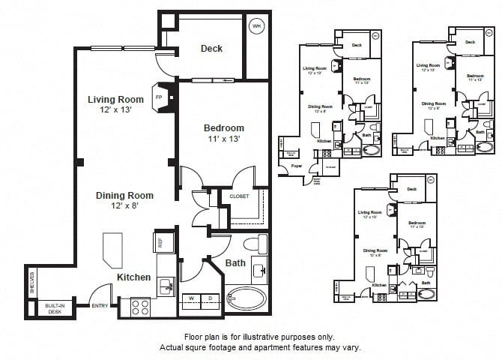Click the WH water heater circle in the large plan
(x=257, y=25)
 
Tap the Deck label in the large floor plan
(x=211, y=49)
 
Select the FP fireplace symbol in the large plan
(x=159, y=97)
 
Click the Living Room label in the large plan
(x=115, y=99)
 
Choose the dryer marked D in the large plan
(x=211, y=299)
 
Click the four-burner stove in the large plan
(x=140, y=306)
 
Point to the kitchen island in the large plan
(x=112, y=249)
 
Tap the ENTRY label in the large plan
(x=99, y=306)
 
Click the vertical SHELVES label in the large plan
(x=31, y=283)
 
